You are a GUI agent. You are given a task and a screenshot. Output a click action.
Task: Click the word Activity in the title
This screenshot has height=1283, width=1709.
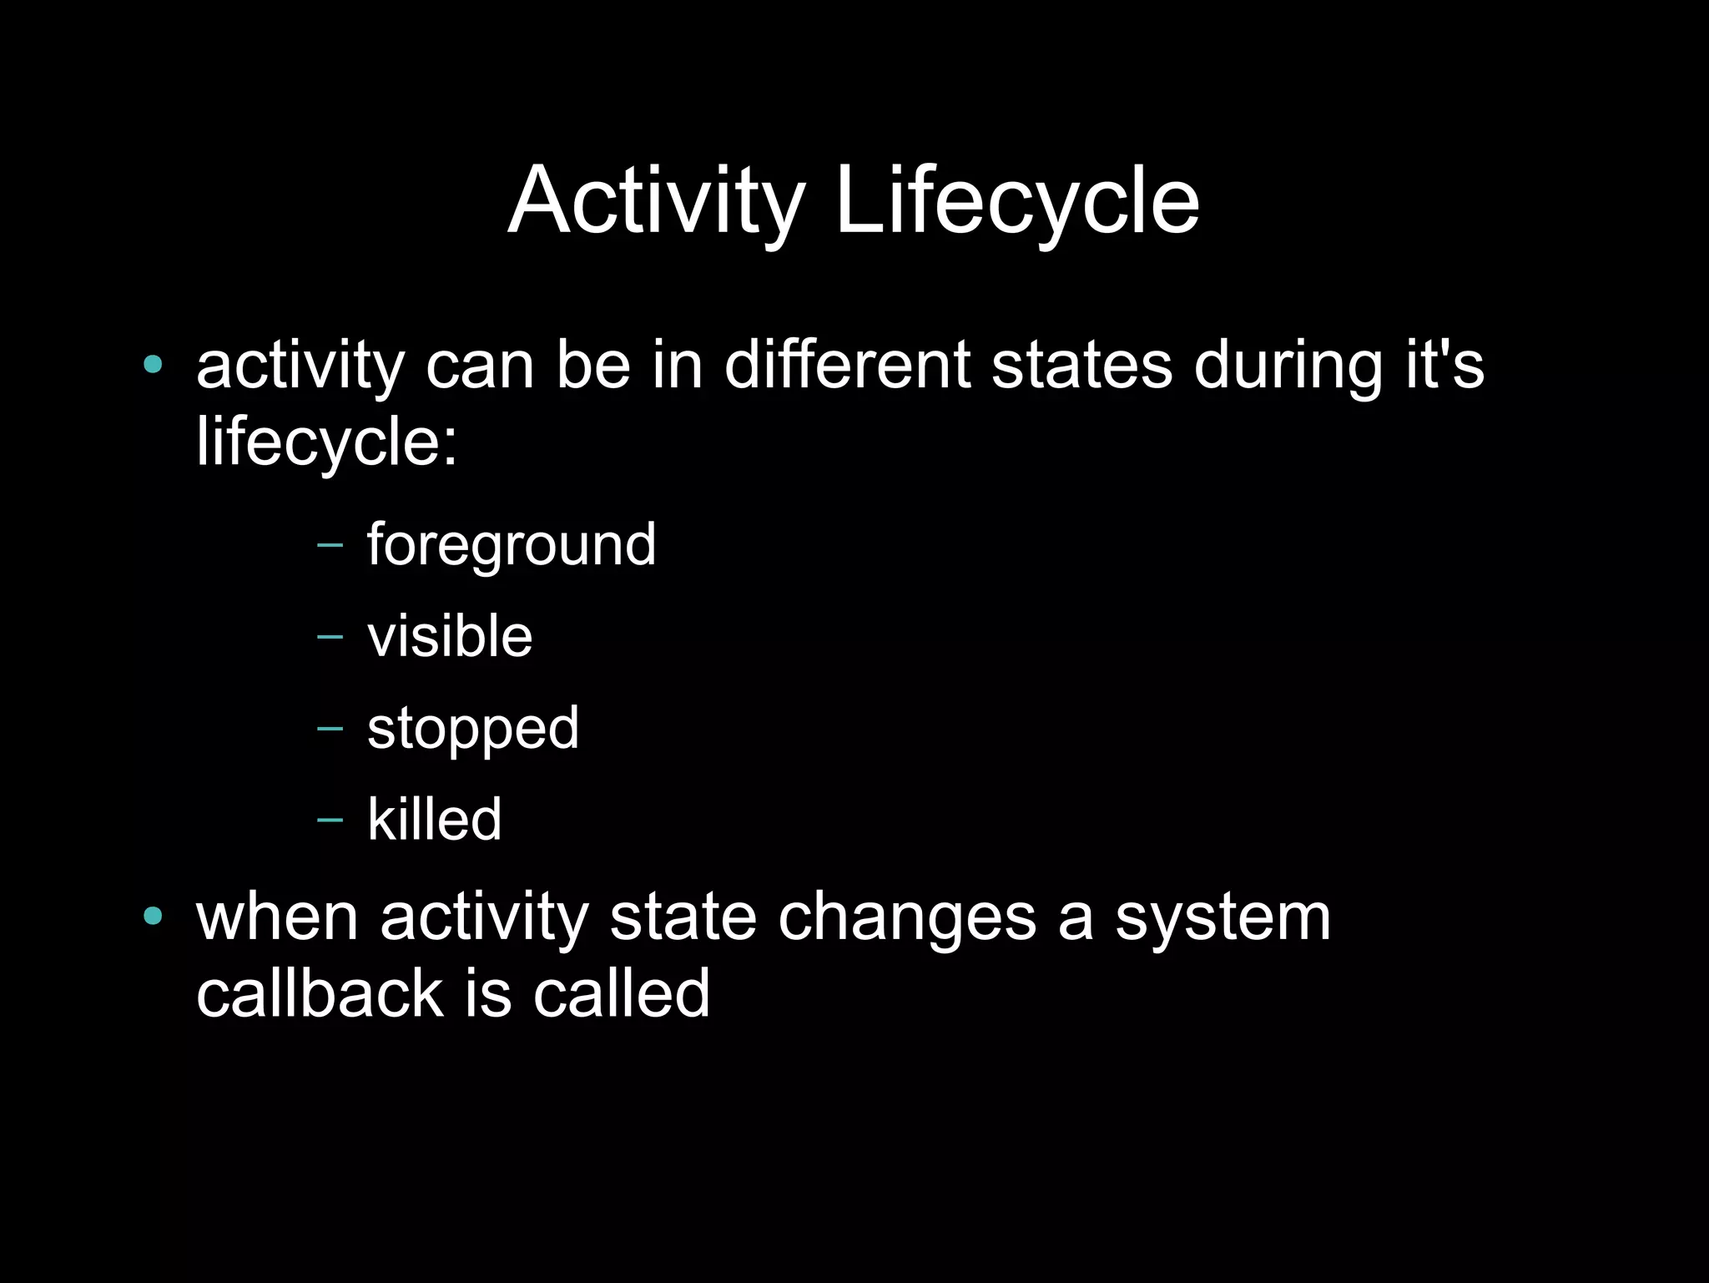[x=655, y=202]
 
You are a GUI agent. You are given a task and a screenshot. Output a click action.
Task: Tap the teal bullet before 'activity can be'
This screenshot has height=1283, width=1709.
[x=152, y=364]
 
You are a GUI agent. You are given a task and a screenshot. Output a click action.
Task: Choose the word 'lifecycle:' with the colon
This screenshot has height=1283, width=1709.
[x=326, y=442]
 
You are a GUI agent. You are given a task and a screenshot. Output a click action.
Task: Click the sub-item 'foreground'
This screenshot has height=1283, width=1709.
[x=512, y=545]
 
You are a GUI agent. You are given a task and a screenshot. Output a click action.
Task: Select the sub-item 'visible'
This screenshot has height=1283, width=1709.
[x=450, y=637]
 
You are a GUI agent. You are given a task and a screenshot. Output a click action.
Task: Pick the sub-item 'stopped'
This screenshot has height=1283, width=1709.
[x=472, y=729]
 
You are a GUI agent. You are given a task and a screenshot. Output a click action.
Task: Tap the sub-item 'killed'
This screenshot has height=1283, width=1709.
[x=434, y=820]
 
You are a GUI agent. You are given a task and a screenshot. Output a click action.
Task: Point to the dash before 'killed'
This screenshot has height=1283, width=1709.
[x=330, y=821]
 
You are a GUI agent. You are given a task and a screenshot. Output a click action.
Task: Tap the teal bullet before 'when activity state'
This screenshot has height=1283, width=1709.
[x=152, y=917]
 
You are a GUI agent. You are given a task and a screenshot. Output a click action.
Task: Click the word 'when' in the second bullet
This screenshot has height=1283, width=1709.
[x=277, y=918]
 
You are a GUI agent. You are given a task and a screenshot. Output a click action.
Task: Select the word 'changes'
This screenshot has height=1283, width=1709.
[x=906, y=918]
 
